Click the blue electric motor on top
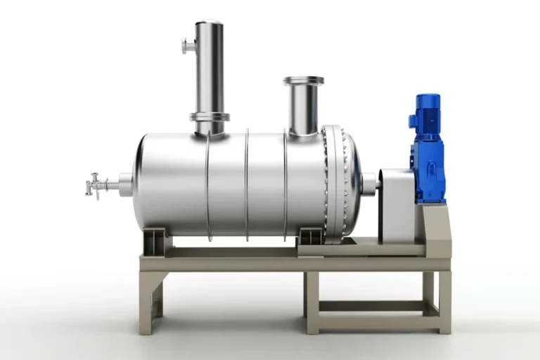pyautogui.click(x=427, y=112)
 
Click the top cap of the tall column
pyautogui.click(x=209, y=25)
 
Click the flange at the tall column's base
pyautogui.click(x=209, y=117)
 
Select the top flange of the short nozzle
pyautogui.click(x=304, y=81)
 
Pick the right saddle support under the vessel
pyautogui.click(x=309, y=237)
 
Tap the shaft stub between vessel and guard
pyautogui.click(x=370, y=184)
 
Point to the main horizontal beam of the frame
pyautogui.click(x=295, y=264)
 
